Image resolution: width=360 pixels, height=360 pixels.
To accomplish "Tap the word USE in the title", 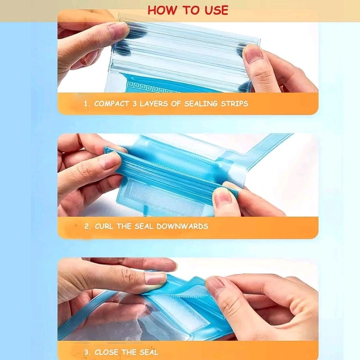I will coord(215,10).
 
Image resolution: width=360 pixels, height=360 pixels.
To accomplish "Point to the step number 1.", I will coord(86,103).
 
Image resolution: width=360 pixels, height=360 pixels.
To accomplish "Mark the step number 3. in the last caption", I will coord(87,352).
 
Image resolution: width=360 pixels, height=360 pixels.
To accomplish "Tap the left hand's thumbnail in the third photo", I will coord(155,278).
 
